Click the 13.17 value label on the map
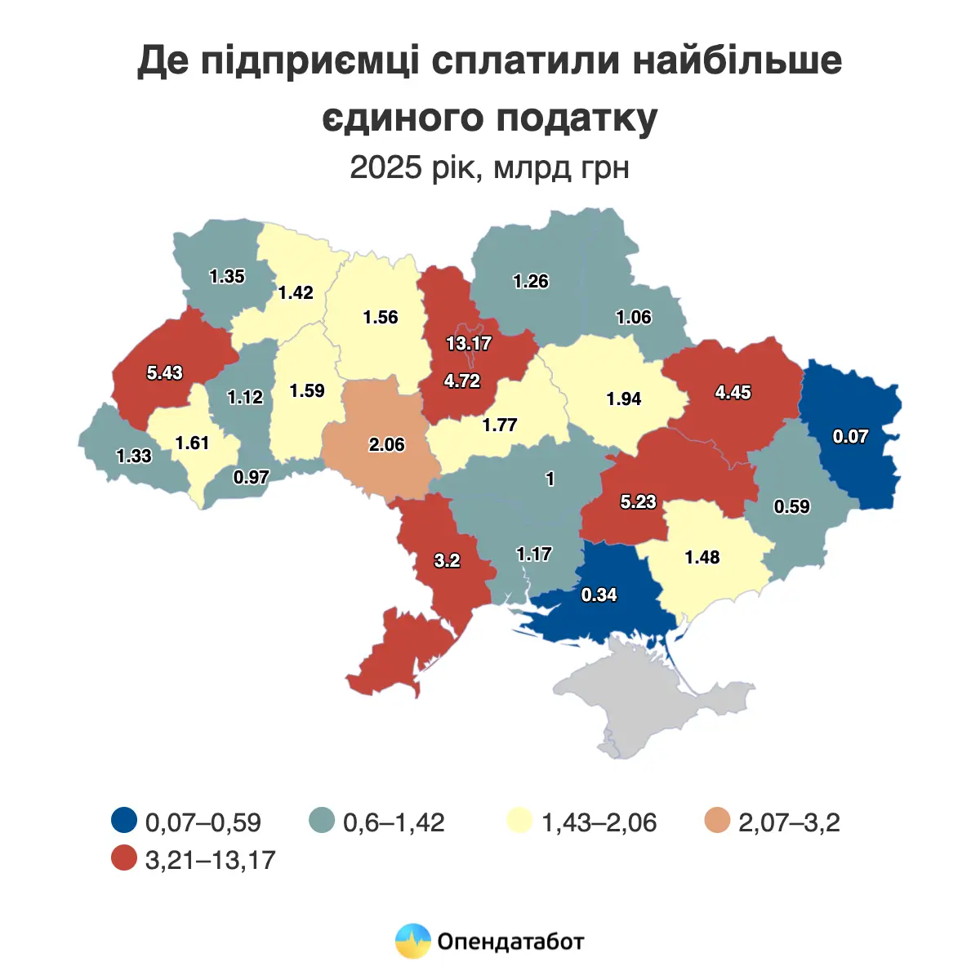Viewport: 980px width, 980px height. click(x=469, y=344)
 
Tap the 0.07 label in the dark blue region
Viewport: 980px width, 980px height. click(x=850, y=437)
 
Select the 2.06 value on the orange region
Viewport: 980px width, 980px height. click(x=387, y=445)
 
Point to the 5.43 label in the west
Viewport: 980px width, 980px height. click(x=165, y=373)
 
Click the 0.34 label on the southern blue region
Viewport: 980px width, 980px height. click(x=599, y=595)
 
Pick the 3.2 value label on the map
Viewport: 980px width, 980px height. click(x=447, y=561)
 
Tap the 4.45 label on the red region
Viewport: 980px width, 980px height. click(x=733, y=393)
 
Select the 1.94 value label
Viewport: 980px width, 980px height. click(x=624, y=399)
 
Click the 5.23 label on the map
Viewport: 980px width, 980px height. click(x=638, y=502)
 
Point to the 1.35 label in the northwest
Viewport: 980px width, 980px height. click(x=227, y=277)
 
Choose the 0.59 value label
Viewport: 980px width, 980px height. click(x=792, y=507)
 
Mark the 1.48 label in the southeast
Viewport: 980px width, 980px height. click(x=702, y=558)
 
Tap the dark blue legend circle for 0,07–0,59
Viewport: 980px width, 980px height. click(x=124, y=820)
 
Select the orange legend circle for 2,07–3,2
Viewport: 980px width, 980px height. click(x=718, y=820)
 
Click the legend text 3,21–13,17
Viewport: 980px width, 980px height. click(x=210, y=859)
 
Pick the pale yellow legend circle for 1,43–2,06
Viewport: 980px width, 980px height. click(x=520, y=820)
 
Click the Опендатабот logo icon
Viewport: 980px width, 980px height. click(x=412, y=942)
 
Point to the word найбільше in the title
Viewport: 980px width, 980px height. click(x=737, y=61)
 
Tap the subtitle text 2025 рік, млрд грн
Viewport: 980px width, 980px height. click(x=489, y=168)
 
